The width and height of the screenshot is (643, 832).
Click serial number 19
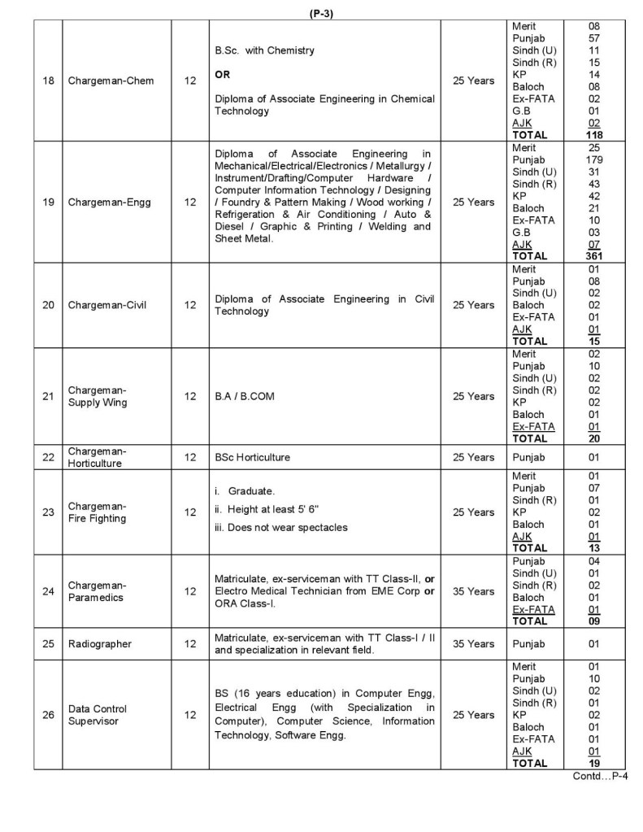click(x=49, y=202)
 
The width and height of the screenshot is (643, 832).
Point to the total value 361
click(x=593, y=256)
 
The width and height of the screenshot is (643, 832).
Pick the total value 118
click(x=593, y=135)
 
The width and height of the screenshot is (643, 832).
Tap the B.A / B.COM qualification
click(x=242, y=396)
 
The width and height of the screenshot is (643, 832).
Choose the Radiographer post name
click(x=100, y=644)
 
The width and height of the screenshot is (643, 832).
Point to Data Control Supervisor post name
click(x=98, y=715)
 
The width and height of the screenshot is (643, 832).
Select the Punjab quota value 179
click(x=593, y=160)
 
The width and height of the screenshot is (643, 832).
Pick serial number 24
click(x=49, y=591)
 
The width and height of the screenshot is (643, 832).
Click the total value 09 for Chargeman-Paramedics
click(x=593, y=621)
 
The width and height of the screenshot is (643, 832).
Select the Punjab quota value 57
click(x=593, y=38)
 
